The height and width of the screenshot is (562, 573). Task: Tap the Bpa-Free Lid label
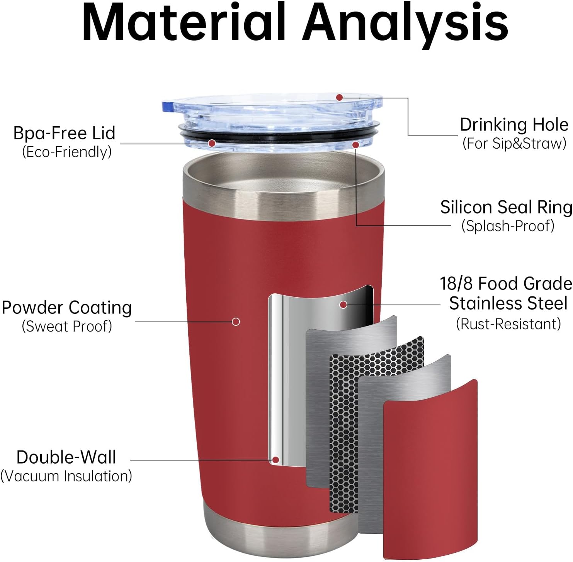coord(64,133)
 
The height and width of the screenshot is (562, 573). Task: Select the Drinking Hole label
coord(514,125)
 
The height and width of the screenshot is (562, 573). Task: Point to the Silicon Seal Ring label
coord(506,207)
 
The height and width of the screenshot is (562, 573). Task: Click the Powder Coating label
coord(67,308)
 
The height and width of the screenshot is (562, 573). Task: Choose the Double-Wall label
coord(66,457)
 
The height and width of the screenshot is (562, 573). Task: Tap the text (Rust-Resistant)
coord(508,324)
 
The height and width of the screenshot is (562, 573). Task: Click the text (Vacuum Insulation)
coord(66,476)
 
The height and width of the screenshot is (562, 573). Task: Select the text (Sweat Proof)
coord(67,327)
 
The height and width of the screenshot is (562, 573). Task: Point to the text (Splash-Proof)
coord(508,226)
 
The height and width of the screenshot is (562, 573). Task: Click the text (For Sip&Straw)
coord(514,144)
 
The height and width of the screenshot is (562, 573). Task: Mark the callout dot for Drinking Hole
coord(339,98)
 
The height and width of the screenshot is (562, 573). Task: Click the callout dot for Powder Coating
coord(236,322)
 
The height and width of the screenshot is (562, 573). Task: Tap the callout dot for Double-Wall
coord(275,460)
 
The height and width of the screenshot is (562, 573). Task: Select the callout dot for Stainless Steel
coord(343,305)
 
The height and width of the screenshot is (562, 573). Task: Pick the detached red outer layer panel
coord(430,471)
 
